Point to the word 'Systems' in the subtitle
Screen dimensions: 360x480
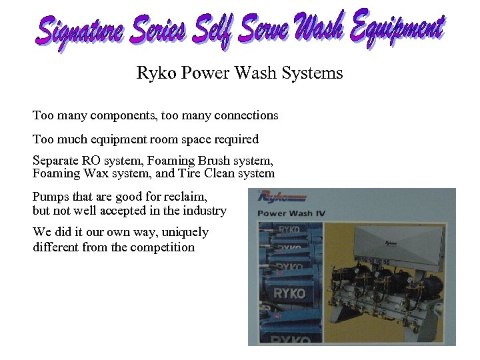pyautogui.click(x=317, y=73)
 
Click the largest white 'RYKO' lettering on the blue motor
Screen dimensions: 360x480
pyautogui.click(x=289, y=293)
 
